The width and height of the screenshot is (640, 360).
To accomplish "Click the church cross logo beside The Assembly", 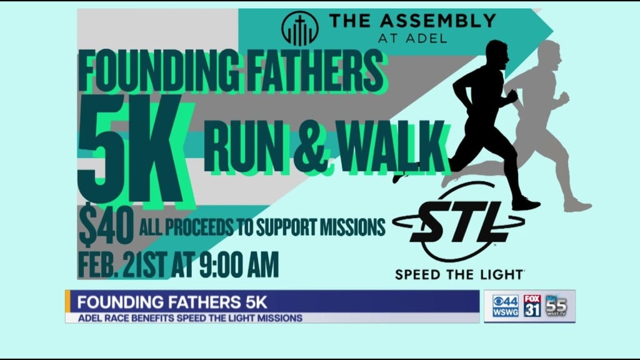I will coord(300,29).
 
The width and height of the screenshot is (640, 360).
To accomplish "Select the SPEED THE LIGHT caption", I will coord(459,274).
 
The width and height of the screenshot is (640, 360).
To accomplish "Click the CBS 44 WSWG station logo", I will coord(505,306).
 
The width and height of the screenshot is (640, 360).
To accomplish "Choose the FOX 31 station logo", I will coord(532,306).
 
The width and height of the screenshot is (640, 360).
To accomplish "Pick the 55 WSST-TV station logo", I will coord(557,306).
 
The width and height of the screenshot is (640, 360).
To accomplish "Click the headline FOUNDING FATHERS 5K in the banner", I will coord(172,303).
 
